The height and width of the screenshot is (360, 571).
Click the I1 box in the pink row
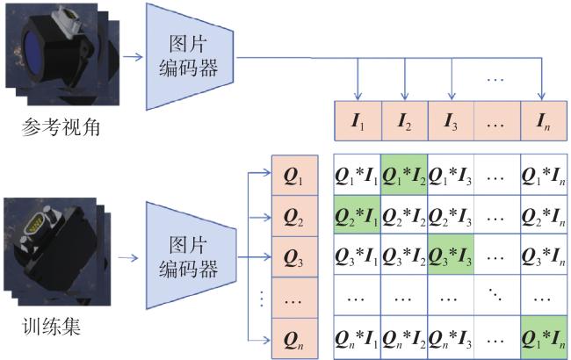[358, 121]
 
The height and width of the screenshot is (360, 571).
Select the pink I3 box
[451, 121]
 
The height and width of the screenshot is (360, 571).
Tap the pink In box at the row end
[544, 121]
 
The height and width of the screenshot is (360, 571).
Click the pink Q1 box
[295, 176]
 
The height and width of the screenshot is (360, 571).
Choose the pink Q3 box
[295, 257]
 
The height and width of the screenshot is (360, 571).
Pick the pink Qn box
[295, 339]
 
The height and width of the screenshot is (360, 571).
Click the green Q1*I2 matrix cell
[404, 175]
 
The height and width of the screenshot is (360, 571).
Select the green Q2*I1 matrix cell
[358, 215]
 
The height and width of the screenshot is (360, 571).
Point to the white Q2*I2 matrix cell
[404, 215]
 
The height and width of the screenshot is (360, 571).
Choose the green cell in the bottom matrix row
[544, 337]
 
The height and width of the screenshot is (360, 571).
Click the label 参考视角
[61, 127]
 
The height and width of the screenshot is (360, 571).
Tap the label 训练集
[51, 326]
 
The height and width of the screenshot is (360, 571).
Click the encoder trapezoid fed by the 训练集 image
[191, 256]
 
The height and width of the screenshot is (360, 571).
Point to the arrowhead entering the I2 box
[404, 96]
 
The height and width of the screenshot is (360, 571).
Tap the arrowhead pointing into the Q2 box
[267, 217]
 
